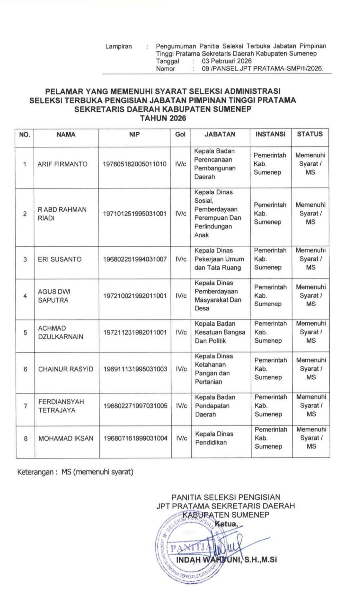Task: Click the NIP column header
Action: point(134,135)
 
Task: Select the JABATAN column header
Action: point(220,134)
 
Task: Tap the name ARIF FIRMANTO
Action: point(62,164)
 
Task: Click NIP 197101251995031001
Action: point(135,214)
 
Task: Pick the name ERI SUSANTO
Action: point(60,259)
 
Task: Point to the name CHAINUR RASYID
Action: point(66,369)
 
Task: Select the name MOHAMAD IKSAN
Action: point(66,438)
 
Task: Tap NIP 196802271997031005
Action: point(135,406)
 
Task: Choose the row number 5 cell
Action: point(25,332)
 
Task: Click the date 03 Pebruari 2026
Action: point(227,61)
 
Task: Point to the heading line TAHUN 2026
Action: point(163,118)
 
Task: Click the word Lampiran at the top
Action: point(119,46)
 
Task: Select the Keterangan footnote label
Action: point(35,472)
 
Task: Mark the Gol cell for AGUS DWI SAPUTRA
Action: point(181,296)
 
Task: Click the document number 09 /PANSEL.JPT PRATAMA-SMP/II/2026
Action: point(263,69)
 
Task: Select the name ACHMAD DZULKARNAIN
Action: point(60,332)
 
